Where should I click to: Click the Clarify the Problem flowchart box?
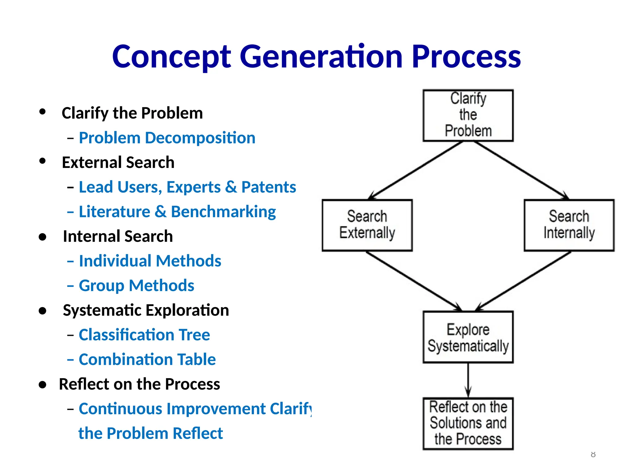pyautogui.click(x=468, y=115)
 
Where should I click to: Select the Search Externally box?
pyautogui.click(x=367, y=225)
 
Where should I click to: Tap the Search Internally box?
pyautogui.click(x=569, y=225)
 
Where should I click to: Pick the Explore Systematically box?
pyautogui.click(x=468, y=337)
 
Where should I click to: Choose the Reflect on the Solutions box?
pyautogui.click(x=468, y=423)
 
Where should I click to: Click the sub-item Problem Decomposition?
pyautogui.click(x=167, y=138)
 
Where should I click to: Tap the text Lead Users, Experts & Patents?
pyautogui.click(x=187, y=187)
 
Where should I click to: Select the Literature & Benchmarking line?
pyautogui.click(x=177, y=212)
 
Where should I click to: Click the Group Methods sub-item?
pyautogui.click(x=136, y=285)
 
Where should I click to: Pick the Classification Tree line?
pyautogui.click(x=144, y=335)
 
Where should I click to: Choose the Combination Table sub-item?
pyautogui.click(x=147, y=360)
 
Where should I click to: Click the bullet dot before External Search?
pyautogui.click(x=43, y=161)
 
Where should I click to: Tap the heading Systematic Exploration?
pyautogui.click(x=146, y=310)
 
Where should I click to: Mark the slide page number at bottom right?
pyautogui.click(x=593, y=454)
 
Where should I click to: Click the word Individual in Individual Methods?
pyautogui.click(x=115, y=261)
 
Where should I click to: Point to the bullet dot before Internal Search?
pyautogui.click(x=43, y=237)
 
